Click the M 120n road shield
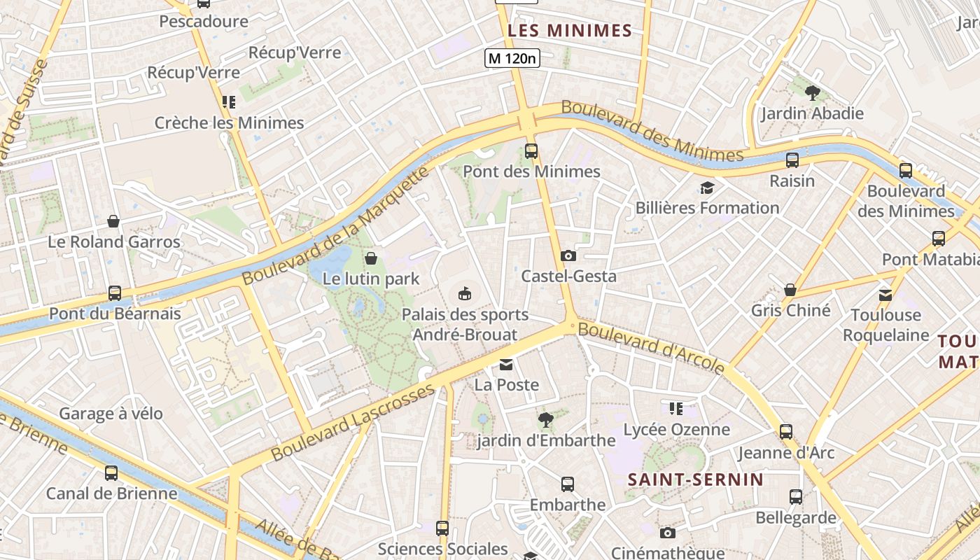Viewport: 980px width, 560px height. [512, 58]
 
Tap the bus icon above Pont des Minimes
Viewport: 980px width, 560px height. [531, 150]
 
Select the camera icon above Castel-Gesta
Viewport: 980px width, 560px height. [568, 255]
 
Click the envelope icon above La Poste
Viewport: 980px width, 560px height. [506, 364]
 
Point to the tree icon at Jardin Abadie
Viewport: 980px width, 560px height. [812, 92]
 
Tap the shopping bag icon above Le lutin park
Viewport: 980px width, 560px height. [371, 258]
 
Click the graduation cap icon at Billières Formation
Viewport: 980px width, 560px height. [707, 188]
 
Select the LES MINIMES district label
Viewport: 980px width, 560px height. [570, 31]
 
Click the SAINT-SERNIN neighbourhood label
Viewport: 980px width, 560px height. [695, 479]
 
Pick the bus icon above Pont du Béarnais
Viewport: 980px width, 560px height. [114, 293]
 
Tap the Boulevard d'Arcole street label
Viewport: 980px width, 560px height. [652, 348]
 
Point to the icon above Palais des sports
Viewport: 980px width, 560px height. [465, 293]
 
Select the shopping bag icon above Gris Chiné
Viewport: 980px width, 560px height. [790, 290]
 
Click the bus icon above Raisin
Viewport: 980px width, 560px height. [792, 160]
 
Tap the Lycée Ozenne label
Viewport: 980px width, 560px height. [676, 429]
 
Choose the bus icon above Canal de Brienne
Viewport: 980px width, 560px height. [111, 472]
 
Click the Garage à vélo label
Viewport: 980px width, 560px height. [111, 413]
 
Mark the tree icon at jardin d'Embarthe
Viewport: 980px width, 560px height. [546, 419]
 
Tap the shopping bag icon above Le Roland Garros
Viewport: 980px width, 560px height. [113, 221]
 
